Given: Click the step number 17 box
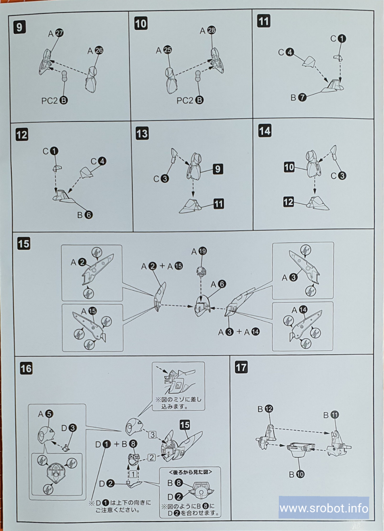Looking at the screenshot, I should point(241,367).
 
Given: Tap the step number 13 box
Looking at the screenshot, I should point(142,134).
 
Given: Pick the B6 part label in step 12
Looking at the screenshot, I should point(85,215).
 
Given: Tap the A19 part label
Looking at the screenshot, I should point(199,251).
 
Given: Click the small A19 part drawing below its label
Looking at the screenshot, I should point(202,271).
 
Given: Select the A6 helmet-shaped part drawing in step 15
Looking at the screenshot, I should point(202,306).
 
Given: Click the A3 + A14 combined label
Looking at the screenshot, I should point(239,332).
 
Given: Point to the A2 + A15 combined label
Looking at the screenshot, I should point(162,266).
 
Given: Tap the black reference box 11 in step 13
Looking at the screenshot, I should point(219,204).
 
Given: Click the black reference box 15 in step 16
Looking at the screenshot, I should point(185,425).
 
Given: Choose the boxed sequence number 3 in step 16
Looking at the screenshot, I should point(152,435).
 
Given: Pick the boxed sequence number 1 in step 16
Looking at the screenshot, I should point(133,474).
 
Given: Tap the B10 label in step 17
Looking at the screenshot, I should point(297,474).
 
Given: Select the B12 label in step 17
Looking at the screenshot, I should point(265,409).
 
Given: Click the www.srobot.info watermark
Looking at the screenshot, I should point(324,508).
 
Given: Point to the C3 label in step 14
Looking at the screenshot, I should point(338,176).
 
